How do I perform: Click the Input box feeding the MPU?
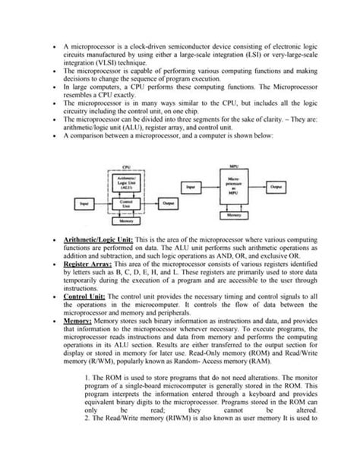192,185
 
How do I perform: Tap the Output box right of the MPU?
275,185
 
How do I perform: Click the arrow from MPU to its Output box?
255,185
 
